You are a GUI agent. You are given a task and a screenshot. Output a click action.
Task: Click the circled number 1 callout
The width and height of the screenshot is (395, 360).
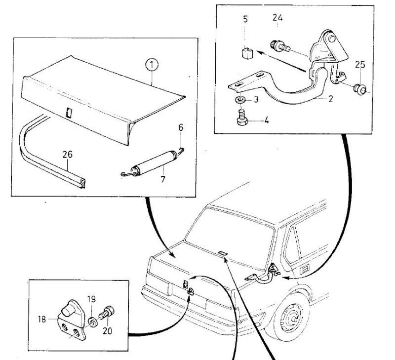click(152, 65)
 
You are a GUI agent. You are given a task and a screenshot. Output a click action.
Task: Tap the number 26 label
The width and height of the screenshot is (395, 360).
click(68, 155)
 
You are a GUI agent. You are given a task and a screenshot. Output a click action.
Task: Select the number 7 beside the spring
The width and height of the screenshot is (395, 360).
click(163, 179)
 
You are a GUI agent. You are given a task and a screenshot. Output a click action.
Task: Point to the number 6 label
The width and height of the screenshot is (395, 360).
click(181, 127)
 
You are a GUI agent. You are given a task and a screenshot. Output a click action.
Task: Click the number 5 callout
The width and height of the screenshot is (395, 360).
click(245, 19)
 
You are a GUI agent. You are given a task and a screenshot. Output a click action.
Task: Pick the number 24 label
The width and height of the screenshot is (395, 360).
click(277, 18)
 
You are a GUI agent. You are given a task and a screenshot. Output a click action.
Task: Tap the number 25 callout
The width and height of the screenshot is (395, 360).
click(360, 65)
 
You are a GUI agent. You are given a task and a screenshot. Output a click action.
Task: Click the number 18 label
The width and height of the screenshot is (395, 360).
click(41, 320)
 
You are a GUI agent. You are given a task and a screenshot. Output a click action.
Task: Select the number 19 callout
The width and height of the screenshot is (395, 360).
click(91, 299)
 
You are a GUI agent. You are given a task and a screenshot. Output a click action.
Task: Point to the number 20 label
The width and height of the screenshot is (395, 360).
click(107, 331)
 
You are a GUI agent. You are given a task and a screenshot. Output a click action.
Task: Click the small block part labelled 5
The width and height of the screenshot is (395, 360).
click(247, 53)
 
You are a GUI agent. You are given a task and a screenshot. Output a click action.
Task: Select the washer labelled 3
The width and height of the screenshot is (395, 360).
click(240, 100)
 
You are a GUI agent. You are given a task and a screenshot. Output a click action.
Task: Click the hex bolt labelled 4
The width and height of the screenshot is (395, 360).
click(242, 118)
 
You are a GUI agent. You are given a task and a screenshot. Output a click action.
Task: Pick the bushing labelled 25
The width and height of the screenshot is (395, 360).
click(360, 89)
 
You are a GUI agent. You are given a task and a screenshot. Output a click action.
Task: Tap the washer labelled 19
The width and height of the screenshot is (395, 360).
click(93, 322)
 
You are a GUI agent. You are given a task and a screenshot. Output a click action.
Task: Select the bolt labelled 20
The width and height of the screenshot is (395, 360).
click(106, 313)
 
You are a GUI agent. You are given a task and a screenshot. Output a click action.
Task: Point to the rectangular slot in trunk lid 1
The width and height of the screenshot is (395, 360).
click(69, 113)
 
